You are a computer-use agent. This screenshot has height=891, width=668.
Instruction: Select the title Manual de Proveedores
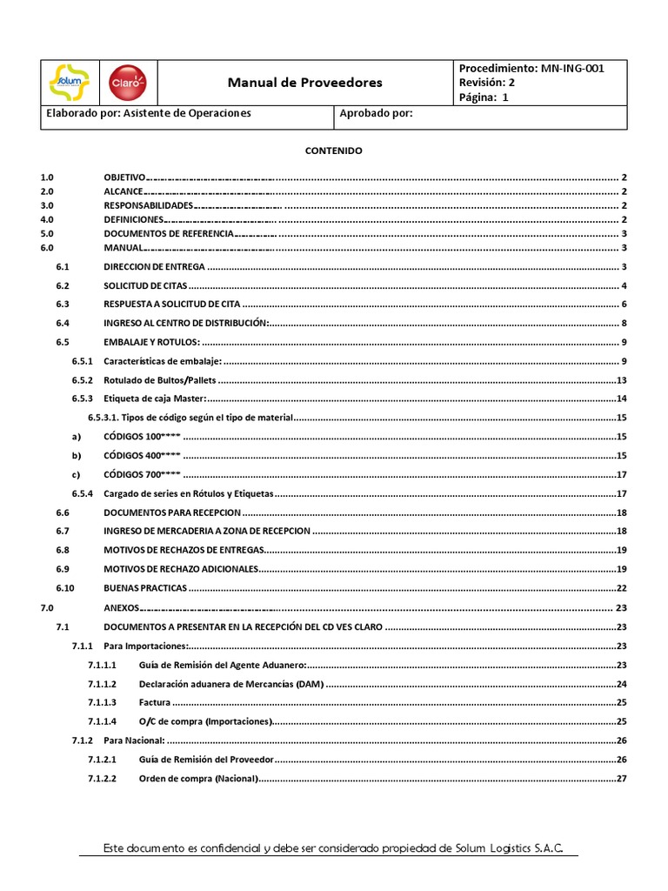(304, 83)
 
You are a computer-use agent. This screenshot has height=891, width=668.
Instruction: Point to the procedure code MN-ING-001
(572, 68)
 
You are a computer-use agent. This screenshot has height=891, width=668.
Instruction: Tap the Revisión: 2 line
(487, 83)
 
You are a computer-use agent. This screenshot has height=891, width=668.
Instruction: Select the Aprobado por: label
(376, 113)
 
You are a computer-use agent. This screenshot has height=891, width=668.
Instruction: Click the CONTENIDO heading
(333, 151)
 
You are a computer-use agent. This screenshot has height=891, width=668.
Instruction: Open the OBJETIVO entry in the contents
(125, 177)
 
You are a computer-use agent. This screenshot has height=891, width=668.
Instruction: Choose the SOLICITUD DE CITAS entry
(145, 286)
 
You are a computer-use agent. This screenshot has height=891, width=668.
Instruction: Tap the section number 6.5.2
(82, 380)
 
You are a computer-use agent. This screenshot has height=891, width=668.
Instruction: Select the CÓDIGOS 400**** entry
(142, 455)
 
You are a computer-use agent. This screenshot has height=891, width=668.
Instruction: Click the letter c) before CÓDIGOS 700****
(76, 474)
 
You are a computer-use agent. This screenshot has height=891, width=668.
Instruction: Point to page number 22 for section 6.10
(622, 588)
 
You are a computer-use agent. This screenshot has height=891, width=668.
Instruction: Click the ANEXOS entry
(121, 608)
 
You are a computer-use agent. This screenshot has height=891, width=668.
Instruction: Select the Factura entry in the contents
(155, 702)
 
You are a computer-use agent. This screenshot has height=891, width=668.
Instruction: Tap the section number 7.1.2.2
(102, 778)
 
